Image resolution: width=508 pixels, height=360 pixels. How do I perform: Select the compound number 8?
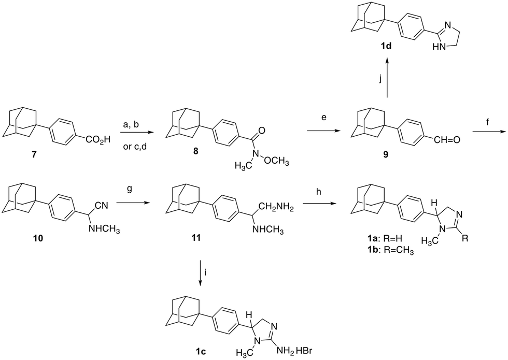pos(196,151)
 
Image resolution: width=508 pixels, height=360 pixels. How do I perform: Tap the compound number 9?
pos(386,155)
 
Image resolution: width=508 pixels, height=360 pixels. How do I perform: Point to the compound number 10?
pos(38,239)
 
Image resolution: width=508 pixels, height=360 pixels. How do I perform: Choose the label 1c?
pos(200,352)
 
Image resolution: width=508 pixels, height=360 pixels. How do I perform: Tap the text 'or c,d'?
pos(135,147)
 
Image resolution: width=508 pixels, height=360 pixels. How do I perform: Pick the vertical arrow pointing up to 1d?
pos(387,78)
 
